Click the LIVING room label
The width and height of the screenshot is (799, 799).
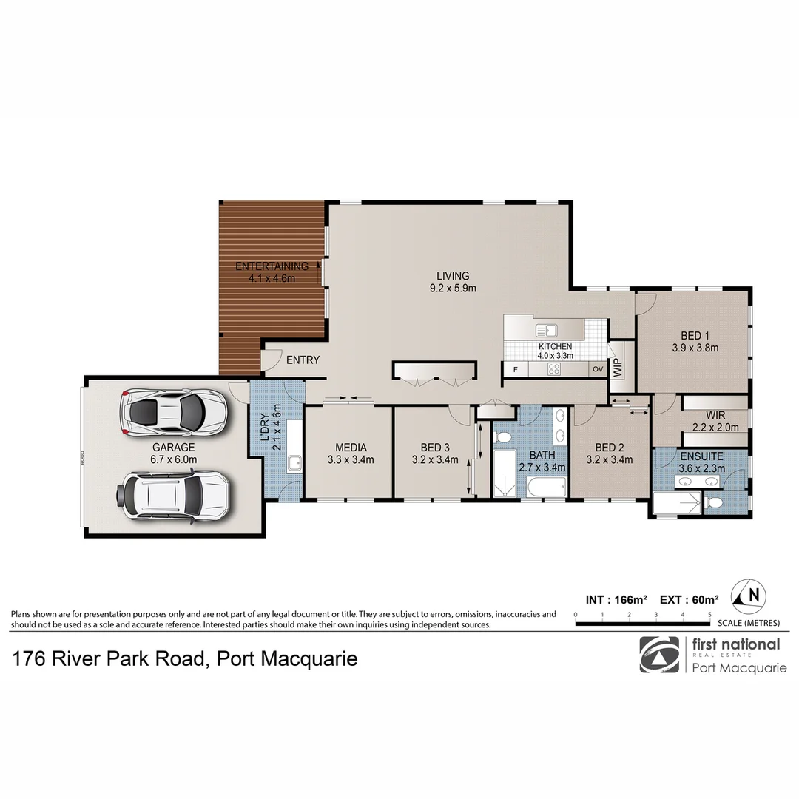(x=452, y=276)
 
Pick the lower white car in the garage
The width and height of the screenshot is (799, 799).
(x=175, y=493)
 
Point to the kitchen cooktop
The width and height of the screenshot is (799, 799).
(x=554, y=368)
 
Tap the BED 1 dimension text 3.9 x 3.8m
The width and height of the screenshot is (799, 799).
(x=695, y=347)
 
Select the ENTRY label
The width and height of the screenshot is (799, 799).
(x=303, y=360)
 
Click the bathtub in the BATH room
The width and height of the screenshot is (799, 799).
(x=545, y=487)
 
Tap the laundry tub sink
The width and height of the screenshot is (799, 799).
(x=294, y=464)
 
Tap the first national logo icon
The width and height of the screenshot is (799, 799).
(x=658, y=655)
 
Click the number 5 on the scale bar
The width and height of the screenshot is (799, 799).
(x=709, y=615)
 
